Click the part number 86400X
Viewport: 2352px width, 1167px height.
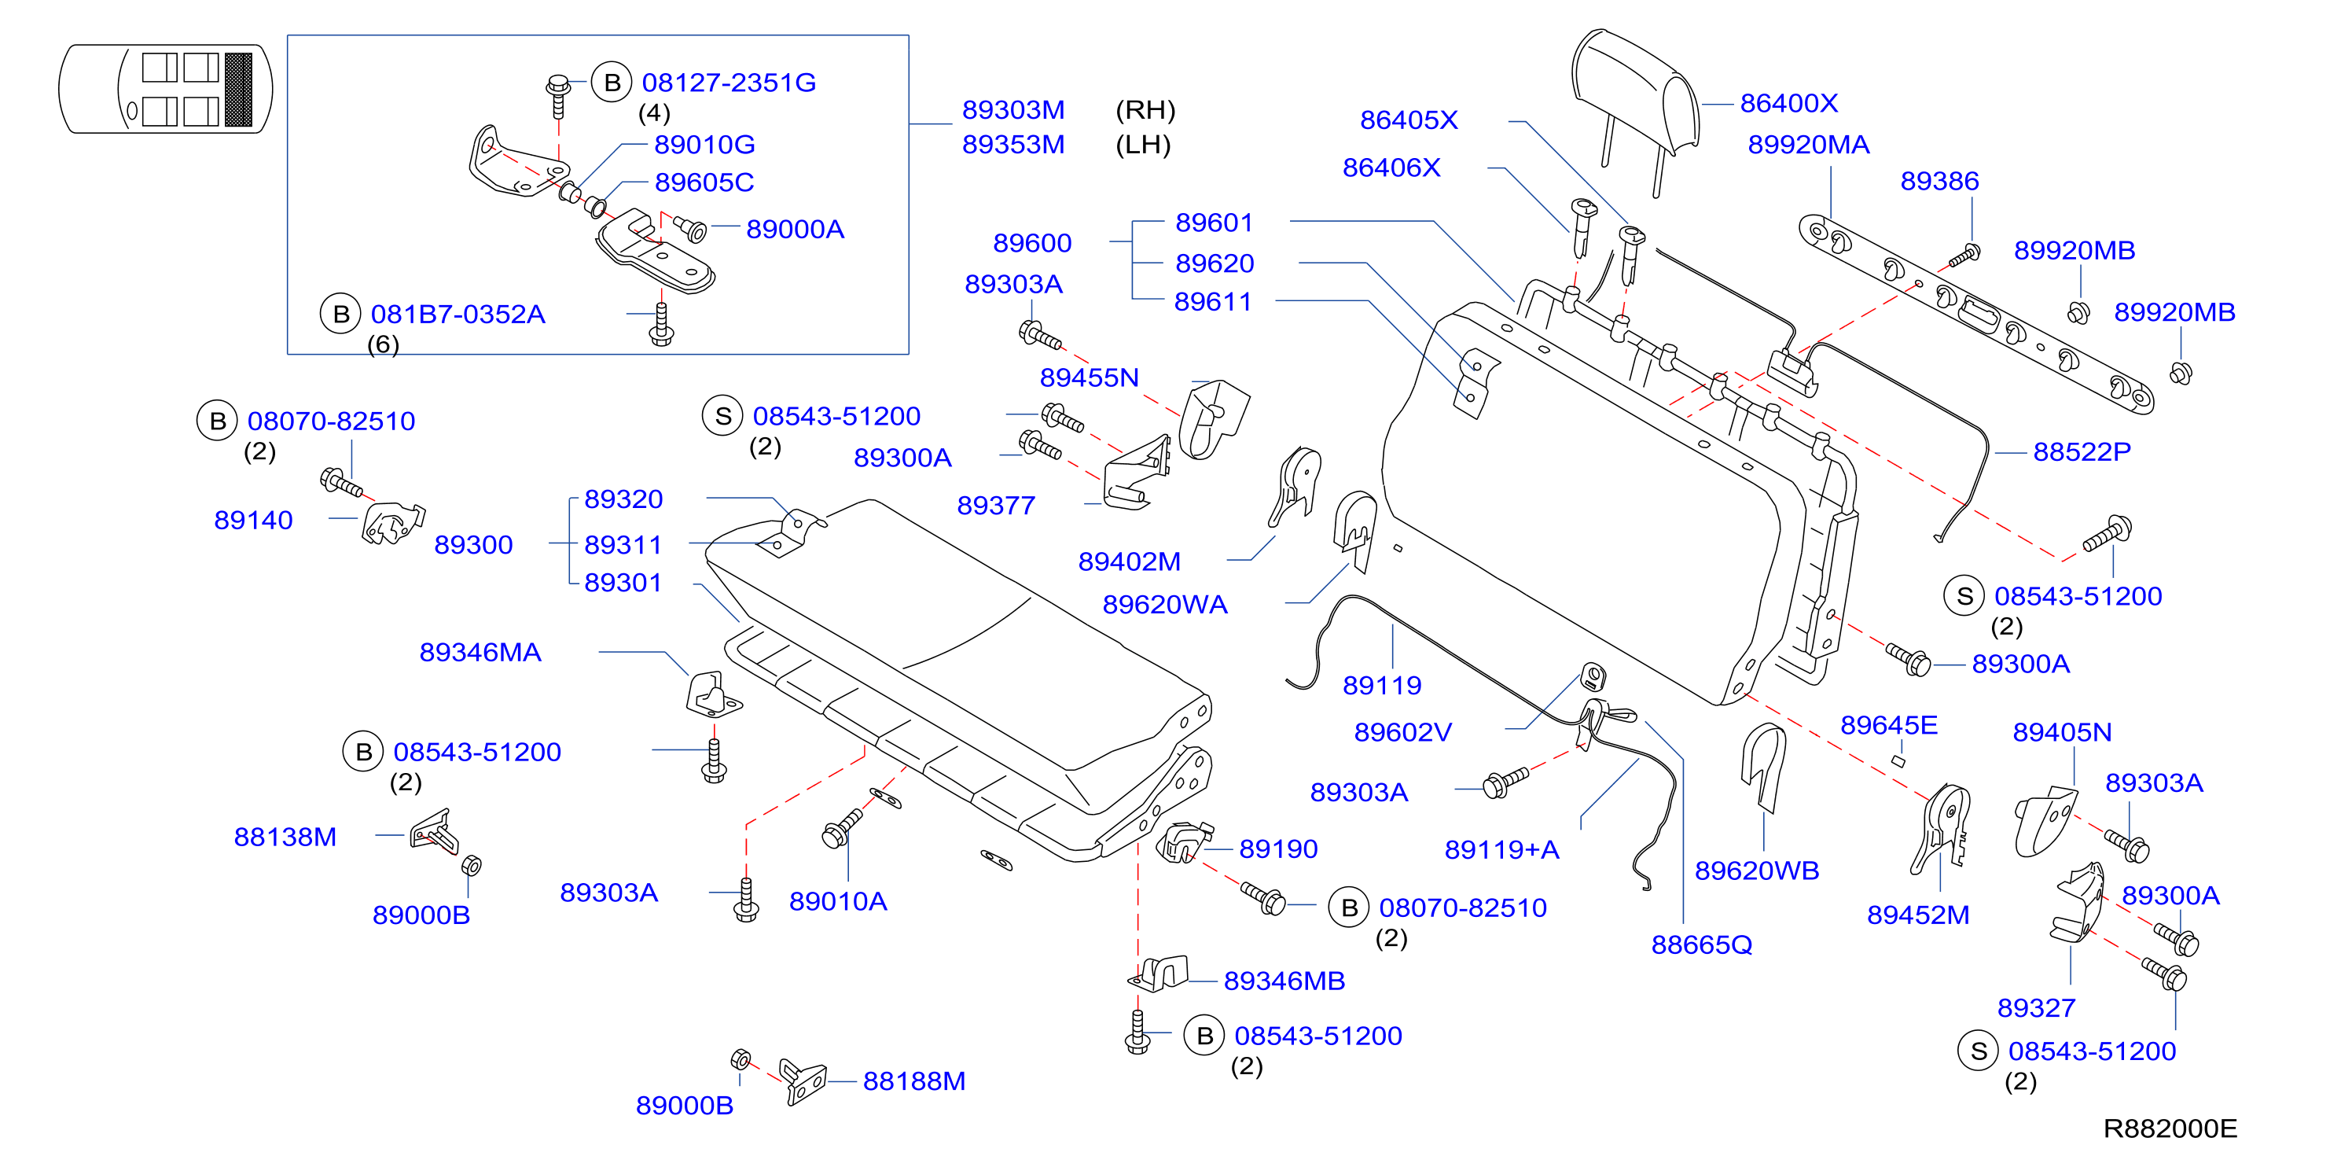pyautogui.click(x=1788, y=103)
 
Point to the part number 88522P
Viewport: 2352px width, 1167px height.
pyautogui.click(x=2081, y=452)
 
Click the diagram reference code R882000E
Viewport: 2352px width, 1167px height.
pyautogui.click(x=2170, y=1128)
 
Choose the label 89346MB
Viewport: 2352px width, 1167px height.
pyautogui.click(x=1284, y=981)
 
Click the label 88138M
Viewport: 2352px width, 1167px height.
pyautogui.click(x=285, y=838)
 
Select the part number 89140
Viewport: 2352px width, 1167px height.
pyautogui.click(x=253, y=521)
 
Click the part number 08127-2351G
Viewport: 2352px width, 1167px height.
pyautogui.click(x=729, y=83)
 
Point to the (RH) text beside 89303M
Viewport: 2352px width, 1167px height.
pyautogui.click(x=1145, y=111)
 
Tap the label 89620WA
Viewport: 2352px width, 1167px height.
pyautogui.click(x=1164, y=605)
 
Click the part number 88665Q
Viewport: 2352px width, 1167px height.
pyautogui.click(x=1701, y=945)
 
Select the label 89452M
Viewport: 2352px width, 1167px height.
pyautogui.click(x=1917, y=915)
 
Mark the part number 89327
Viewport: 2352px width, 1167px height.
pyautogui.click(x=2036, y=1008)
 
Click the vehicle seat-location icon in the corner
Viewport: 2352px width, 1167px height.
pyautogui.click(x=165, y=90)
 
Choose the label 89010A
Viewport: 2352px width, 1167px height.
pyautogui.click(x=837, y=902)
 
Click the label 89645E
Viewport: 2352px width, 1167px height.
pyautogui.click(x=1888, y=725)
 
